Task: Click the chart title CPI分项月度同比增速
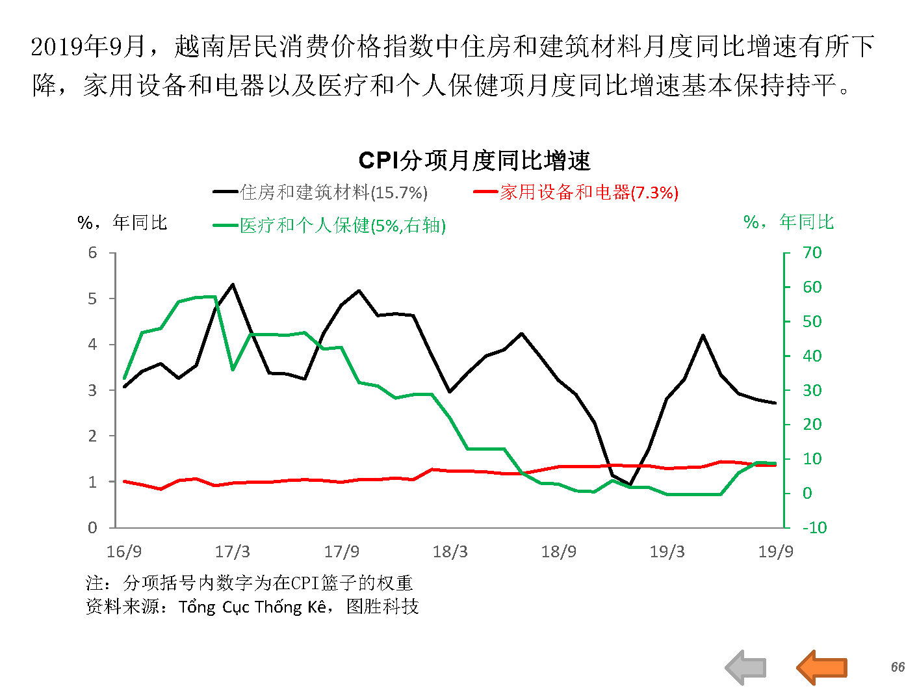point(474,161)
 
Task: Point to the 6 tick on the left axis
point(93,253)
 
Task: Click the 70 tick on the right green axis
point(812,253)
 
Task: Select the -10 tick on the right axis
point(814,527)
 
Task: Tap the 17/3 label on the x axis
point(232,552)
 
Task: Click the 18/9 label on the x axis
point(558,552)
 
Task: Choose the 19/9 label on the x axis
point(775,552)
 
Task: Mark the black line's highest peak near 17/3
point(233,285)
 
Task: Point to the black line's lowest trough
point(630,484)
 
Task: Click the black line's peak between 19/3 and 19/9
point(703,336)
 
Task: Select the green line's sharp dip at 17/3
point(233,369)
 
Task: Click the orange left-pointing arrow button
point(822,667)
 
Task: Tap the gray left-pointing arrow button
point(746,667)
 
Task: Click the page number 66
point(898,667)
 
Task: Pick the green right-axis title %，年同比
point(788,222)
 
